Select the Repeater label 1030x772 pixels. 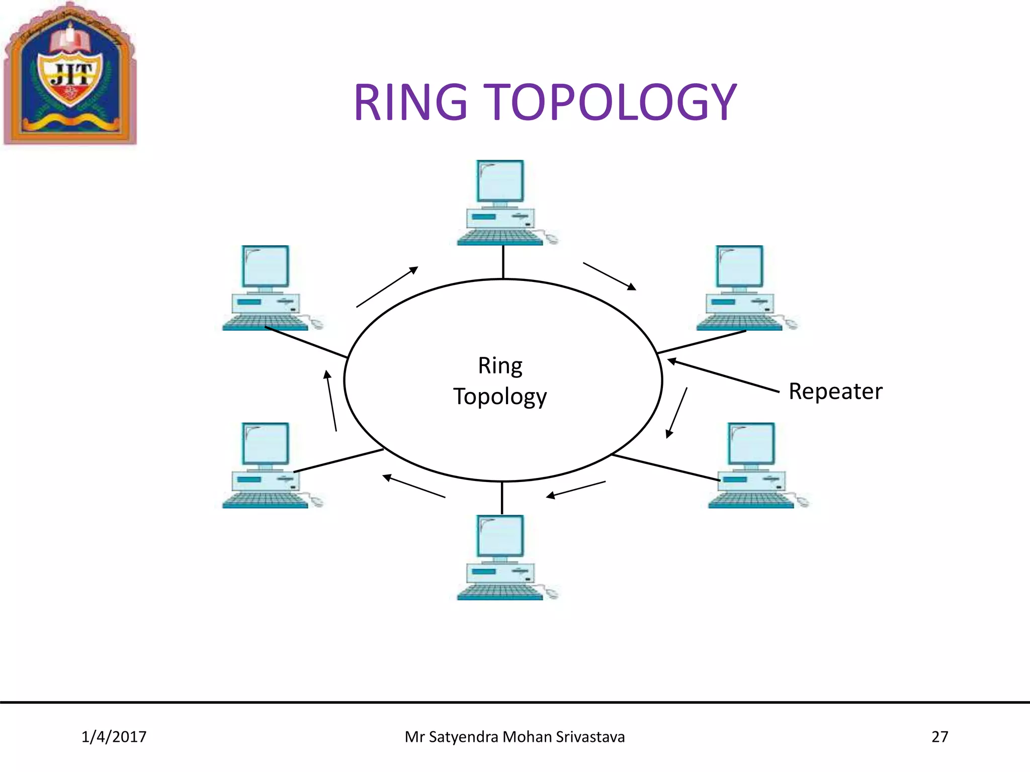point(835,392)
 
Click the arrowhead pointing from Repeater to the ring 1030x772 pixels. point(671,360)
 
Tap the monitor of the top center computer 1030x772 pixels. point(500,181)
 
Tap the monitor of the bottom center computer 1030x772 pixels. point(500,536)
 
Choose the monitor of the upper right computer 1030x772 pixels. point(739,266)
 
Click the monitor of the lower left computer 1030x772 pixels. point(265,443)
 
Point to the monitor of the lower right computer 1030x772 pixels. point(751,443)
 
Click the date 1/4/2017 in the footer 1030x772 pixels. point(114,737)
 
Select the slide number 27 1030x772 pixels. point(939,737)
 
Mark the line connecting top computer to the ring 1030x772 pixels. point(503,262)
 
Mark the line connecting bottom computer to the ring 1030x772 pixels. point(502,498)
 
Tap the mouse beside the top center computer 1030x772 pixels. point(552,239)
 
